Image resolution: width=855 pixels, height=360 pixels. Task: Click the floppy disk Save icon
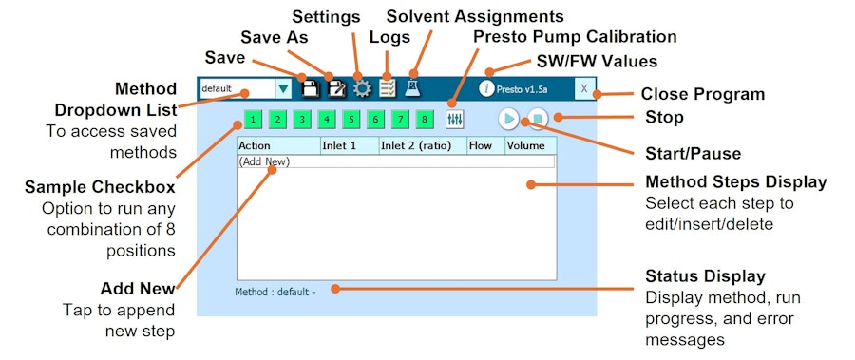click(x=310, y=88)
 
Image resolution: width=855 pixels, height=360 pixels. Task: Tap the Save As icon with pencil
click(x=336, y=88)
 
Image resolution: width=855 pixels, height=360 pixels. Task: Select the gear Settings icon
click(x=362, y=88)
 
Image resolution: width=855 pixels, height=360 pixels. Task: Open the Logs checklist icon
click(x=388, y=88)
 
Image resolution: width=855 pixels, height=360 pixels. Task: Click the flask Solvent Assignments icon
click(x=413, y=88)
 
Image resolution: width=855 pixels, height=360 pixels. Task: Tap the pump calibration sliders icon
click(x=454, y=120)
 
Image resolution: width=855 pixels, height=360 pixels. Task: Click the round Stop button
click(x=537, y=119)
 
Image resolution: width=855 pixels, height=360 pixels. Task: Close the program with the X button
click(x=584, y=88)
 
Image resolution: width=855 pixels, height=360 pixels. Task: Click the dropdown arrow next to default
click(x=283, y=88)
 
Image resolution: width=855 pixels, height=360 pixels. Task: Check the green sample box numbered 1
click(x=254, y=120)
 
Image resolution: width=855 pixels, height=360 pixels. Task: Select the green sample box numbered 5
click(x=351, y=120)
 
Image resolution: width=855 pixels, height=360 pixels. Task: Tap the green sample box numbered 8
click(x=425, y=120)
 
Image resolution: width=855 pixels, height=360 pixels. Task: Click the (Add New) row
click(x=396, y=161)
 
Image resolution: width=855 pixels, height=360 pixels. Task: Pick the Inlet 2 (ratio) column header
click(x=423, y=145)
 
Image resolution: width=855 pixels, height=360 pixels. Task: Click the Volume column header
click(x=530, y=145)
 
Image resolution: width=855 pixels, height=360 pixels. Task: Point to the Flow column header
click(x=485, y=145)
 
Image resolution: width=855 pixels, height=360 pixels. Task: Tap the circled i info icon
click(x=486, y=88)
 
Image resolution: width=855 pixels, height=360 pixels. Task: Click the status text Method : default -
click(x=275, y=292)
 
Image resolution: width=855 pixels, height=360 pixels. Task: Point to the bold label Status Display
click(x=705, y=276)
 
